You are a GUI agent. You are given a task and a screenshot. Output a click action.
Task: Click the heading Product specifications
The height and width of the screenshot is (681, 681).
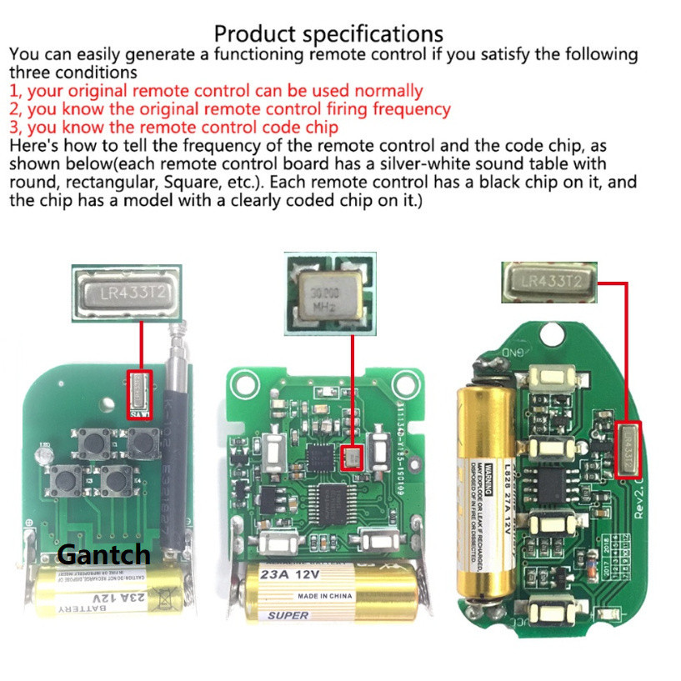click(x=328, y=33)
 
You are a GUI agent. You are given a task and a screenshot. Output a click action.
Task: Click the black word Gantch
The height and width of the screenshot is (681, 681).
click(x=104, y=554)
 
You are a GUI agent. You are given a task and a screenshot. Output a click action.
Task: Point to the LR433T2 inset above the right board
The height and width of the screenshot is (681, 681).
click(x=550, y=282)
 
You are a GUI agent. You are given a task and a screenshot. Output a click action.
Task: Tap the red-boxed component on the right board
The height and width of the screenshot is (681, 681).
click(x=627, y=450)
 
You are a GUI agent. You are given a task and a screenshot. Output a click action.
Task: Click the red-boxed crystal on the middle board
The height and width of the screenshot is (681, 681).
click(x=353, y=455)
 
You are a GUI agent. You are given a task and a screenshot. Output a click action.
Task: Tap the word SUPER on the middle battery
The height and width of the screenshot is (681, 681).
click(x=288, y=615)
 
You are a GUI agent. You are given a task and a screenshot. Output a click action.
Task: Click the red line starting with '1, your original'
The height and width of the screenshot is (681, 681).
click(x=216, y=91)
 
